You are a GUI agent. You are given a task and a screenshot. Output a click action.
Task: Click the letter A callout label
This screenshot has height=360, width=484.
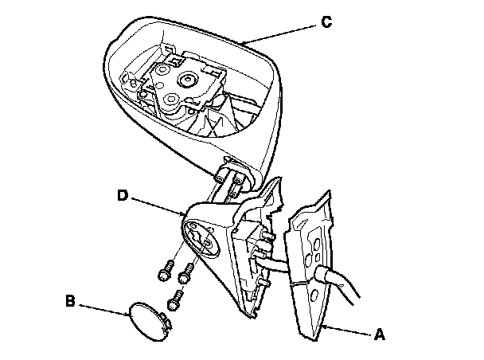(380, 336)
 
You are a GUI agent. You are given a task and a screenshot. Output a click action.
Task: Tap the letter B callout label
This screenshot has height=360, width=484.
(70, 302)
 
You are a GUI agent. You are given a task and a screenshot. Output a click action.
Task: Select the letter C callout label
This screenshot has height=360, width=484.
(326, 23)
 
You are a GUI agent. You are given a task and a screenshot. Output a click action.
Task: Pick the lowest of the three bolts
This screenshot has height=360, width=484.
(177, 301)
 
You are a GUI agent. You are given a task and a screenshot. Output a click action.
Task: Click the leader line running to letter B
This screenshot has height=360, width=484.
(103, 309)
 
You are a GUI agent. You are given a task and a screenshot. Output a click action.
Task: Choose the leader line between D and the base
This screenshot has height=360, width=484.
(160, 205)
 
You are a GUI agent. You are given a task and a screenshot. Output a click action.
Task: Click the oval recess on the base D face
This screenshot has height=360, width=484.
(203, 239)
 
